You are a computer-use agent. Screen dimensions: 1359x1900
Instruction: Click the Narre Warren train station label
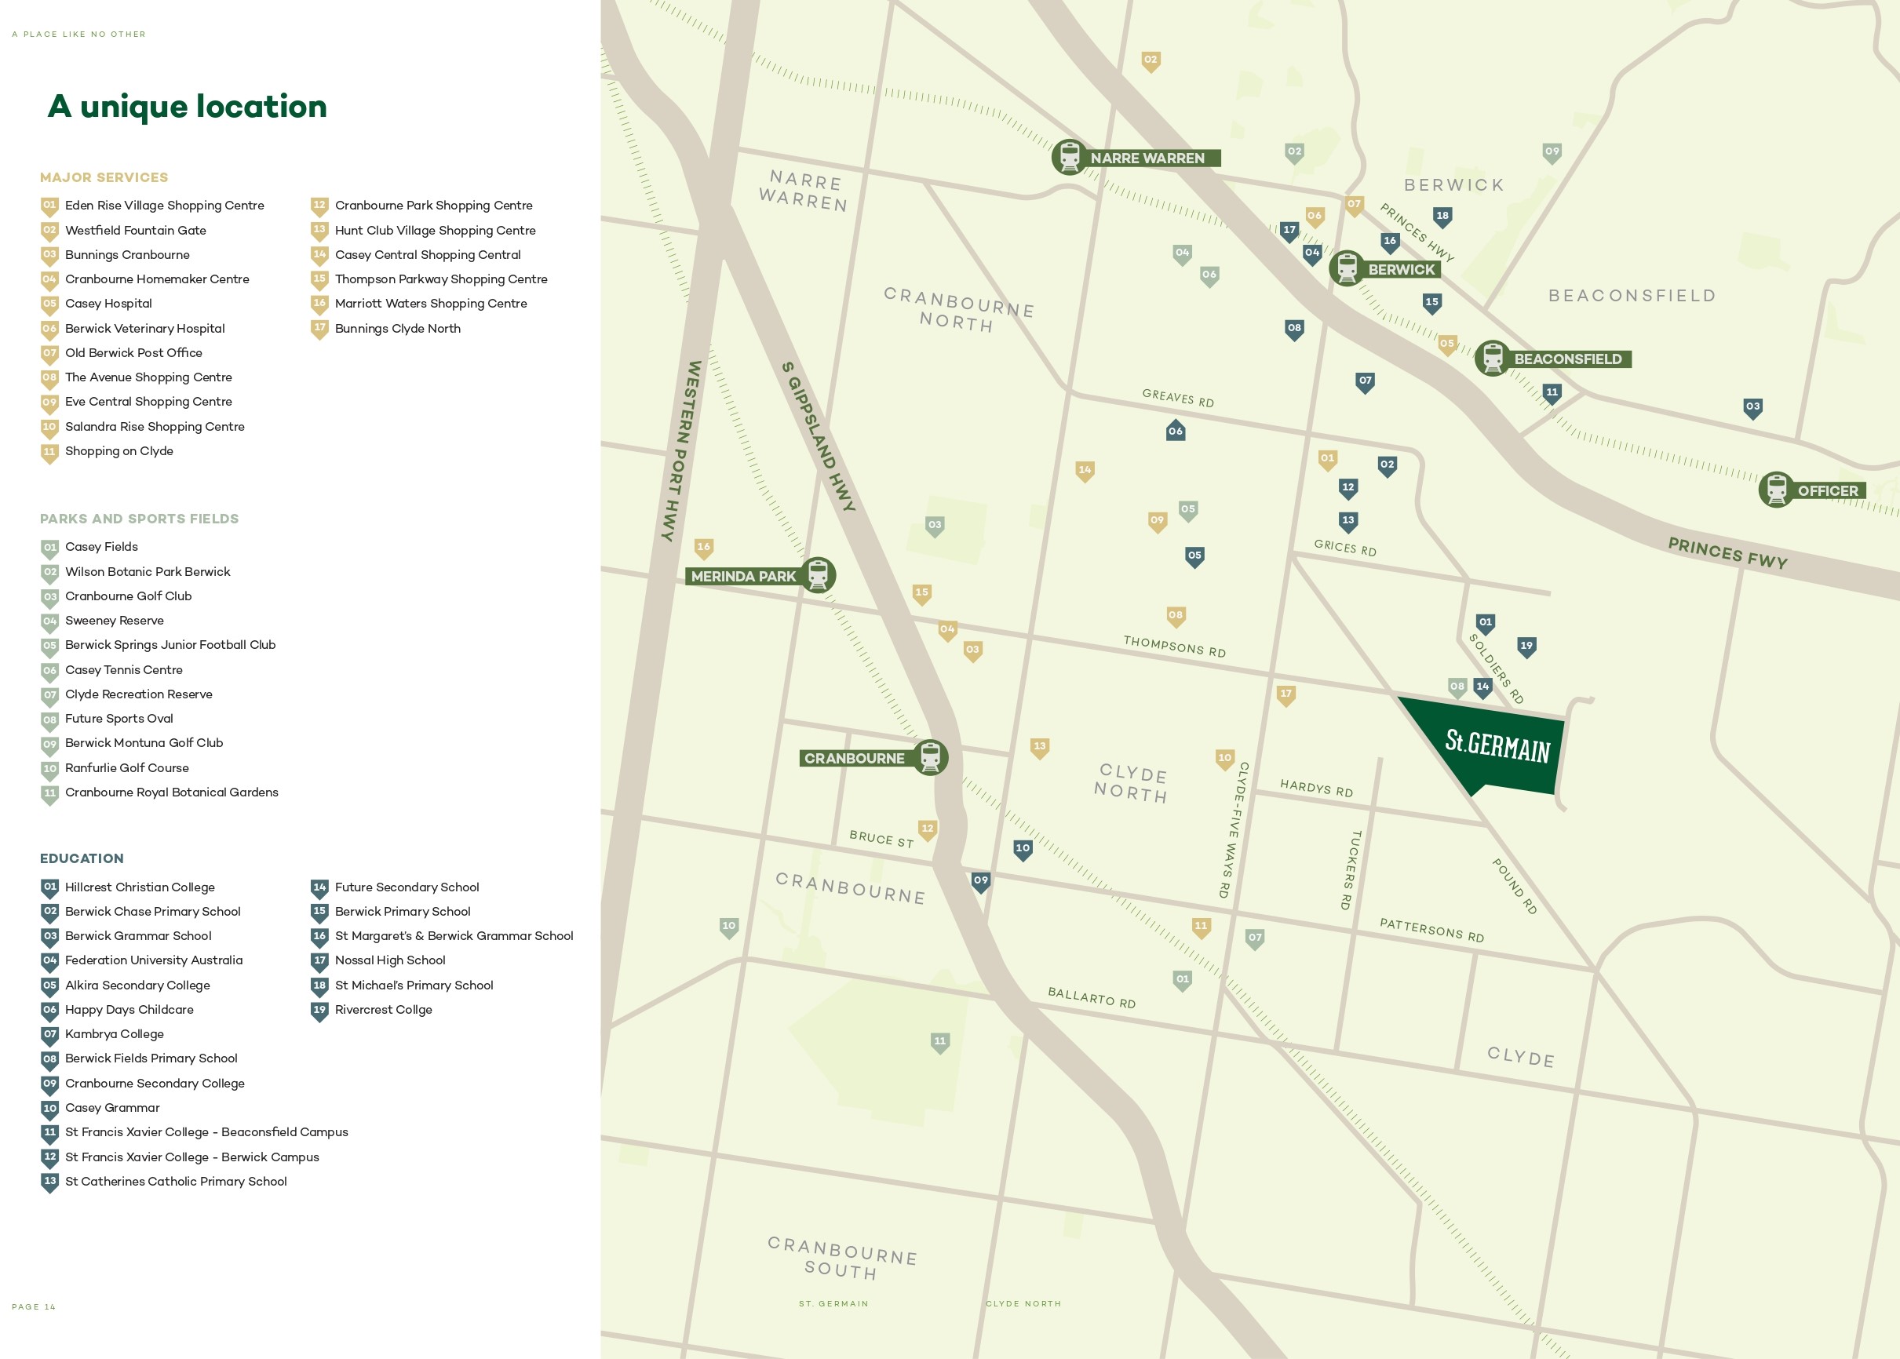1147,158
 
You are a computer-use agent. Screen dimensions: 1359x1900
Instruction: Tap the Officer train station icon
1775,490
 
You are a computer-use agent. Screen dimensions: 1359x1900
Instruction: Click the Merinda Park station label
742,577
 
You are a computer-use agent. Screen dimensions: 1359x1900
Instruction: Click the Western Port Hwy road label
682,451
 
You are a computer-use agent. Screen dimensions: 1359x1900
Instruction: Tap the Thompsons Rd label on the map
1173,647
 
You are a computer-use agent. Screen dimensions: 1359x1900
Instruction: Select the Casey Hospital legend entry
108,304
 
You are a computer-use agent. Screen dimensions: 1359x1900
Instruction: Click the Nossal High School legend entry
389,960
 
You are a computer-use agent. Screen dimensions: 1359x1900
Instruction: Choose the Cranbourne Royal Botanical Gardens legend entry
171,792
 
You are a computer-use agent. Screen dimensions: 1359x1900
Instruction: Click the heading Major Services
104,177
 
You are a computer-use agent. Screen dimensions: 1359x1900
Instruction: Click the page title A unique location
188,106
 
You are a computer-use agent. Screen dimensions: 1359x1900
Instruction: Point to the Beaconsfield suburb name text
1632,295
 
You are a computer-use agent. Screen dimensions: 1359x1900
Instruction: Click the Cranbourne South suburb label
842,1258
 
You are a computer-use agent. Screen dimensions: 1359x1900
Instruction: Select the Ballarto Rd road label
1092,997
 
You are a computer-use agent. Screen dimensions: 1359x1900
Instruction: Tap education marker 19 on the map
1526,646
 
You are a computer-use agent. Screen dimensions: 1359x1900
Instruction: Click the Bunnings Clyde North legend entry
397,329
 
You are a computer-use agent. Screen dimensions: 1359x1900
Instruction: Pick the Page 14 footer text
34,1306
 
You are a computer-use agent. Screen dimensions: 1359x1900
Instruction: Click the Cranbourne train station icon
930,757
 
